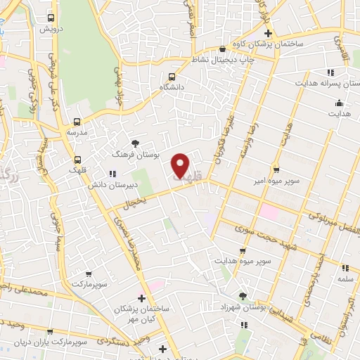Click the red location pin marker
[181, 165]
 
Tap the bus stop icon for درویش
[50, 18]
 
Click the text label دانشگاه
[172, 86]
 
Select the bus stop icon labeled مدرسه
[77, 121]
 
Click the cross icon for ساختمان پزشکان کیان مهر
[141, 298]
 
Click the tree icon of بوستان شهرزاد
[243, 297]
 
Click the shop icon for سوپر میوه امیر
[276, 169]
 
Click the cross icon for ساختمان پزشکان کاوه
[267, 34]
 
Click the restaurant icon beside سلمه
[345, 268]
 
